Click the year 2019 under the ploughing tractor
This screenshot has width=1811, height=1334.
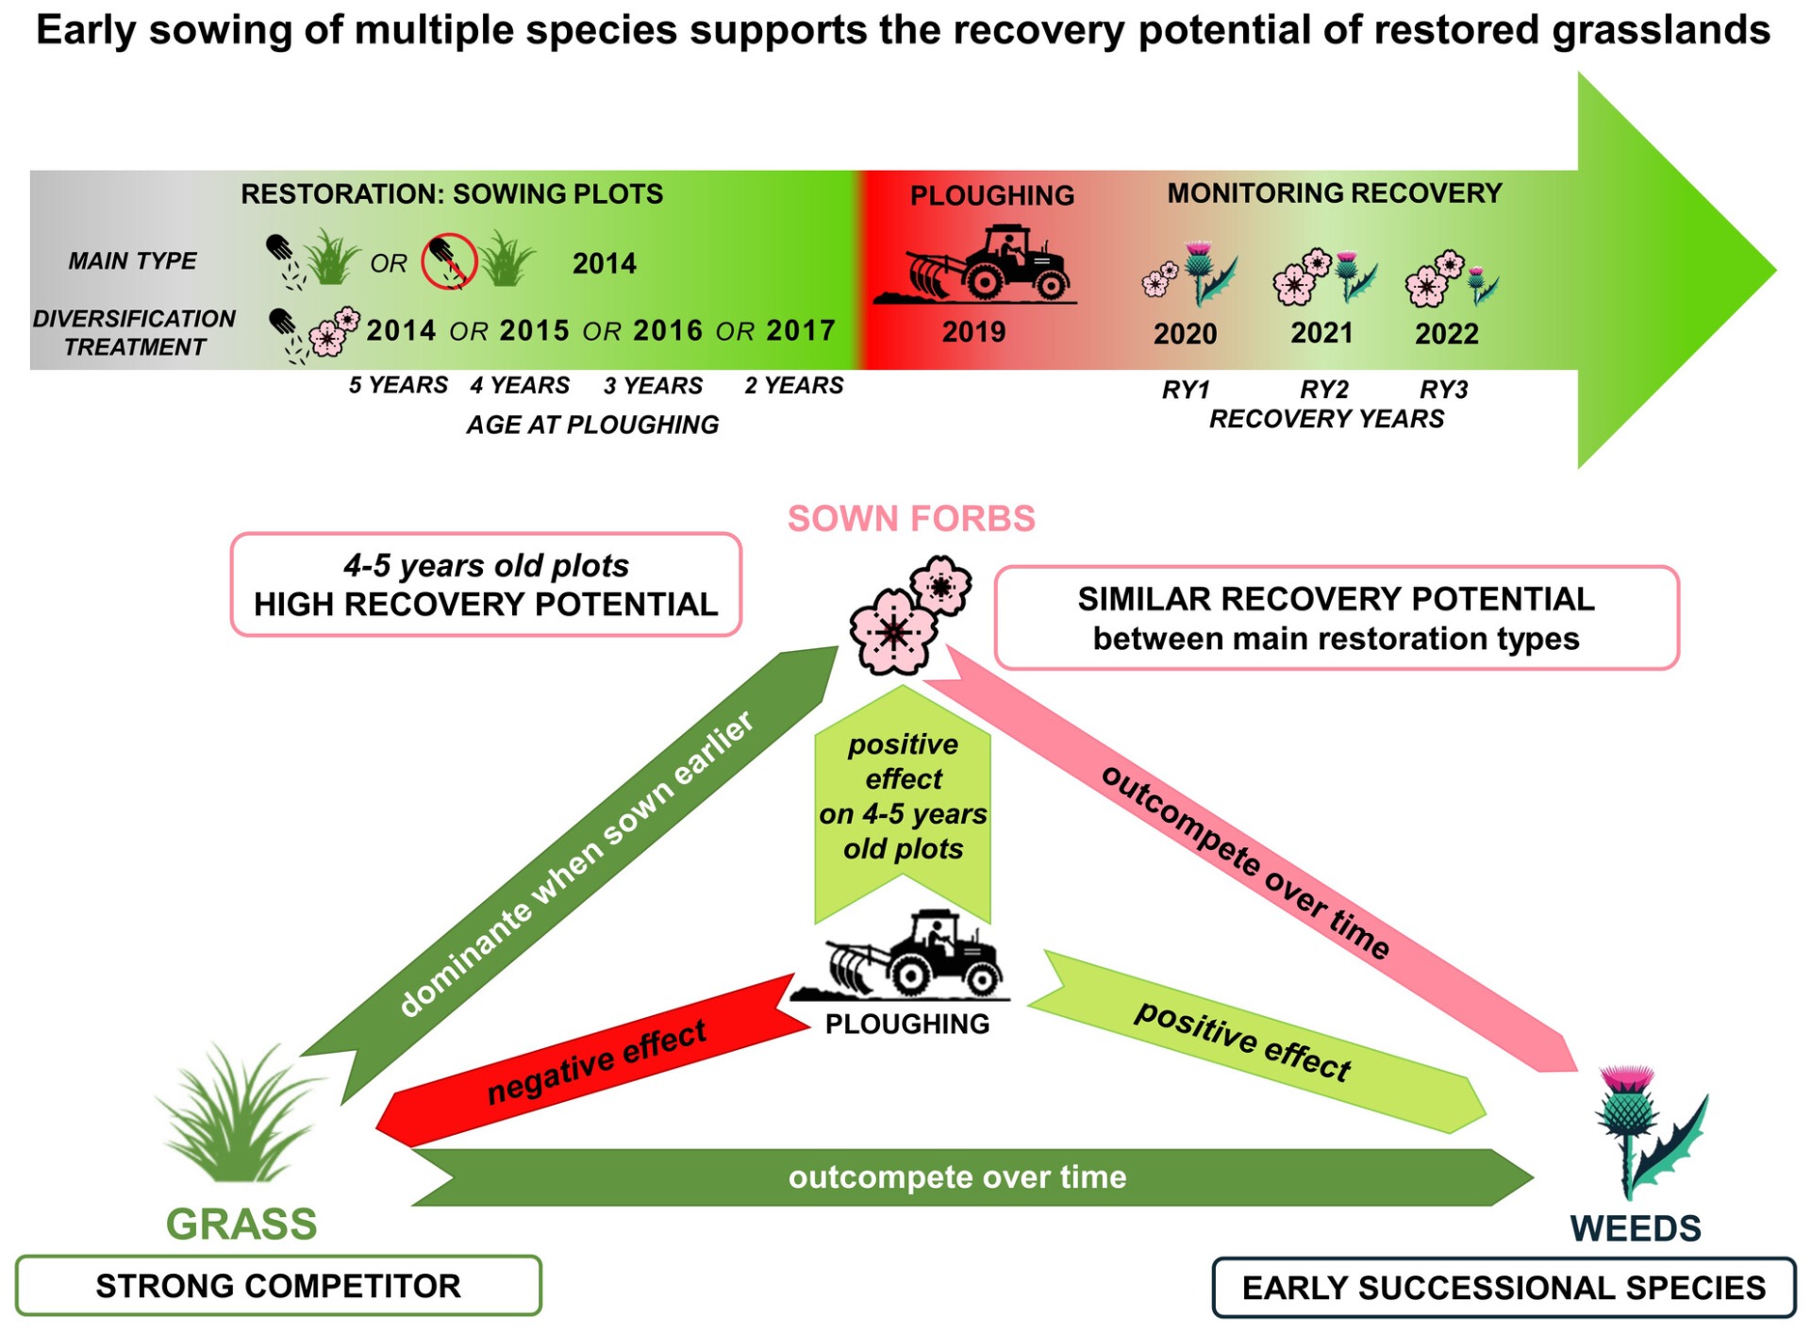click(x=973, y=332)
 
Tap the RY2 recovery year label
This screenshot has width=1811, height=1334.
click(x=1323, y=389)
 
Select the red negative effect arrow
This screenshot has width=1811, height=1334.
click(x=594, y=1061)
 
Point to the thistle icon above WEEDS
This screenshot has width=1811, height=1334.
click(x=1646, y=1132)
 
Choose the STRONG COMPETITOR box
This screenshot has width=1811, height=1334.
click(x=278, y=1286)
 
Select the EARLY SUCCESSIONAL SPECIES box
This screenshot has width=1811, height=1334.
click(x=1504, y=1288)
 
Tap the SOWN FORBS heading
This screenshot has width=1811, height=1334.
click(x=911, y=519)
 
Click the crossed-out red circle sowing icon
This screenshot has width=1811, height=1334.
click(x=448, y=261)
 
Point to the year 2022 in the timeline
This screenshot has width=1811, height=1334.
click(x=1446, y=334)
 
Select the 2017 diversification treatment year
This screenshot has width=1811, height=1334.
click(x=801, y=331)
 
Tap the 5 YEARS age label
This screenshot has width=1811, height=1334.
click(x=398, y=386)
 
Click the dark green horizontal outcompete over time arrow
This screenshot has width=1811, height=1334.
click(x=957, y=1177)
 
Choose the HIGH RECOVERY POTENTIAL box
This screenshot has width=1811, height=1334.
click(x=486, y=585)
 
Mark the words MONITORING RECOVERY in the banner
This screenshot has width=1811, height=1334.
click(x=1334, y=193)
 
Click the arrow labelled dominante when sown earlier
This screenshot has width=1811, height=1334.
click(x=575, y=863)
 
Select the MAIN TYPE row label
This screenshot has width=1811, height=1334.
click(x=132, y=261)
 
